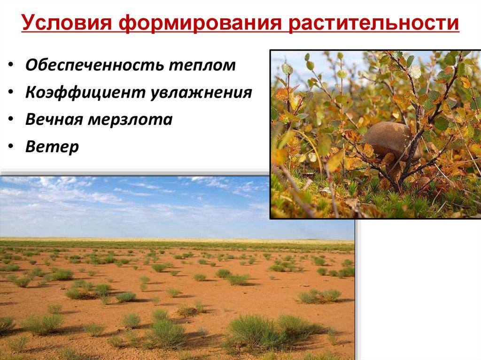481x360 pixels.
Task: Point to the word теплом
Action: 203,65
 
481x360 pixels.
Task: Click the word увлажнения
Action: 202,92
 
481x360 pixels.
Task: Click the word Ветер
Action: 52,147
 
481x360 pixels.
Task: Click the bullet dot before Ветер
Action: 11,147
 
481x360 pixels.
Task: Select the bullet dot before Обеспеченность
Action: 11,66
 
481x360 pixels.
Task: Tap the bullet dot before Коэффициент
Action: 11,93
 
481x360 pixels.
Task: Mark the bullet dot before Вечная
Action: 11,120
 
